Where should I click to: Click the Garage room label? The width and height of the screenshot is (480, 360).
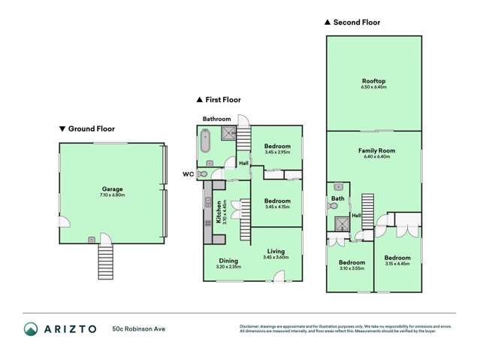click(x=112, y=189)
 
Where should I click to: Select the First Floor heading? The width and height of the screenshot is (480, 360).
click(x=222, y=99)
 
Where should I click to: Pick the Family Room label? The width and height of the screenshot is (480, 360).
click(x=373, y=150)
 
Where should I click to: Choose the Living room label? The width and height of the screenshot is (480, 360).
click(x=276, y=252)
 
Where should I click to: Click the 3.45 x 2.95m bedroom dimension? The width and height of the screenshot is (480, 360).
click(x=276, y=152)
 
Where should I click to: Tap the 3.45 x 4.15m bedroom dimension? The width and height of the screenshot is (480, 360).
click(x=276, y=206)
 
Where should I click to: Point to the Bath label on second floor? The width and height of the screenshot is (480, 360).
click(x=338, y=198)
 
